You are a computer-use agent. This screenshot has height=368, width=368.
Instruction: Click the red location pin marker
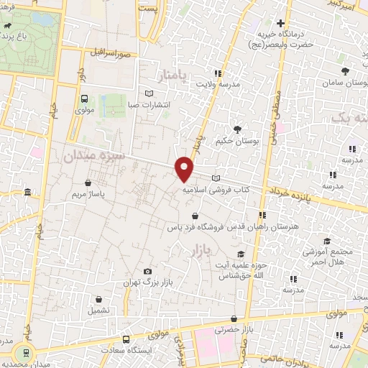pos(185,168)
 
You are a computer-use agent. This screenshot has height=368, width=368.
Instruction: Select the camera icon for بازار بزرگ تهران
pos(147,271)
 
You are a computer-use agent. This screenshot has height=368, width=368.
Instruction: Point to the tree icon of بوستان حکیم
pos(237,129)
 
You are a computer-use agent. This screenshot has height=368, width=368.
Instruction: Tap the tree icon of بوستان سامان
pos(346,70)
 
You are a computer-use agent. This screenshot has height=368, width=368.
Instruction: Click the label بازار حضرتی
pos(231,330)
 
